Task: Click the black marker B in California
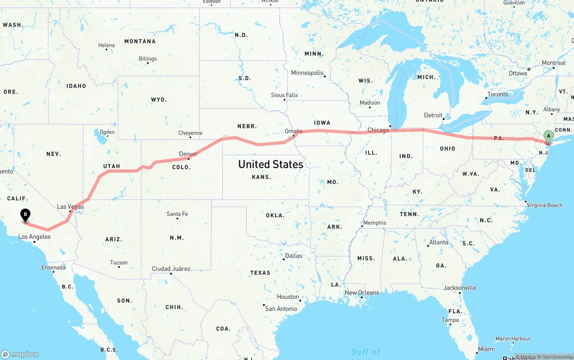point(26,215)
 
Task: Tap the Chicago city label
point(378,130)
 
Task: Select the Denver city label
point(188,154)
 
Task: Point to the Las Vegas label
point(70,207)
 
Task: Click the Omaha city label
point(293,131)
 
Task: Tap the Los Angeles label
point(34,237)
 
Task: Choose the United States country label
point(270,165)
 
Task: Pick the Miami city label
point(486,349)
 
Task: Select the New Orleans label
point(361,293)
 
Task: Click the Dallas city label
point(293,256)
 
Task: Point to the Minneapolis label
point(307,73)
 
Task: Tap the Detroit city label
point(433,115)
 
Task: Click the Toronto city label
point(498,94)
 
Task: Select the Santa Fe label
point(177,214)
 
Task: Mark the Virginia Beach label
point(544,205)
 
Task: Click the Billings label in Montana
point(148,59)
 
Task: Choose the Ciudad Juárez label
point(171,269)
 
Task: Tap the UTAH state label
point(112,166)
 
